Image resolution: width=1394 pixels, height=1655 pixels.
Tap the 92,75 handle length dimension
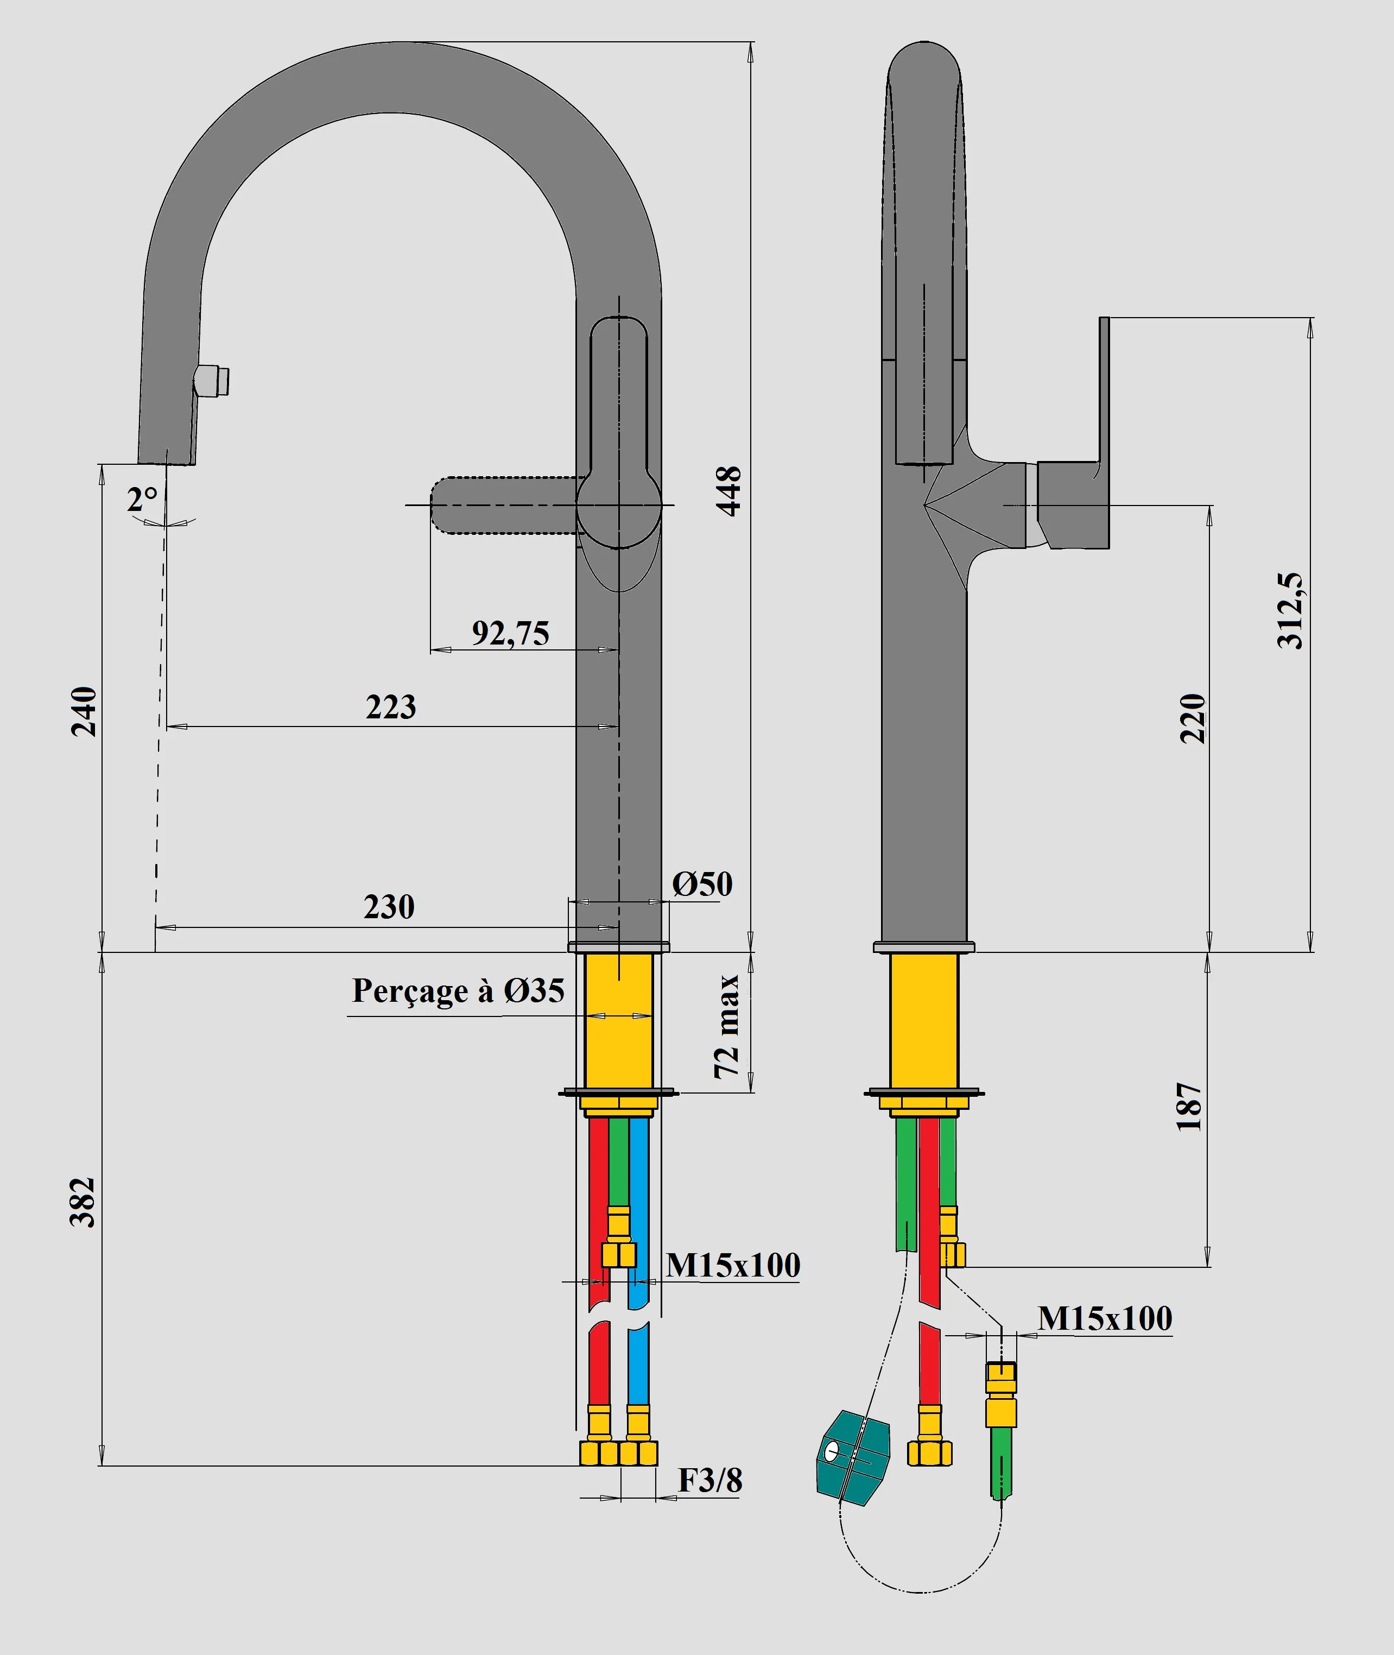point(510,633)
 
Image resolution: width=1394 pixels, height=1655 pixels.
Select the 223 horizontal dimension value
point(390,706)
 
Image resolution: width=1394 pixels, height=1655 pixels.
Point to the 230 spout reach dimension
point(389,907)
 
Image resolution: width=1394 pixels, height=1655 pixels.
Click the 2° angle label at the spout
point(142,498)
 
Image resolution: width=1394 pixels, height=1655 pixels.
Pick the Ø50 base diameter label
point(702,883)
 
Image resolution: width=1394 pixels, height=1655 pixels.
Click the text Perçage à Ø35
point(458,990)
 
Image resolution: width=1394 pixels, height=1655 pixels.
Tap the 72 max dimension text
point(726,1027)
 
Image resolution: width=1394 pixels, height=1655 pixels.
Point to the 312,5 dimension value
point(1290,611)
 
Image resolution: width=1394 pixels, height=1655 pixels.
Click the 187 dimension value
point(1189,1107)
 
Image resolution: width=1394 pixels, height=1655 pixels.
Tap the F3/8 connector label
point(709,1480)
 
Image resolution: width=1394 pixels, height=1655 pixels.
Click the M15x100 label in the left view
point(733,1265)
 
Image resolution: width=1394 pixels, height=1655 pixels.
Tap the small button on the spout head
point(212,381)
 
